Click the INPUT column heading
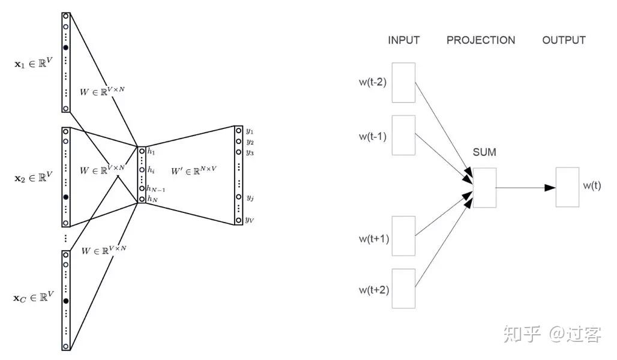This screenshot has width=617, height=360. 403,40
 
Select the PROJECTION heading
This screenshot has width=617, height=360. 481,40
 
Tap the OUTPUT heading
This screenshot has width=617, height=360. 564,40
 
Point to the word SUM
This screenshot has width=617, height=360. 484,152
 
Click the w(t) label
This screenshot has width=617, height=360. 592,185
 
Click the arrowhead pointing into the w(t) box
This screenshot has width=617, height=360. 550,188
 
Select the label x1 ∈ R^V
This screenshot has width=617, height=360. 34,63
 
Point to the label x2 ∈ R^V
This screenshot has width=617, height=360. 34,177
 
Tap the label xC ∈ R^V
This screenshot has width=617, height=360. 34,296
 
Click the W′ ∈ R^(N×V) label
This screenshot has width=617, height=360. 194,171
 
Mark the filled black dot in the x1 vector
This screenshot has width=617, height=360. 65,47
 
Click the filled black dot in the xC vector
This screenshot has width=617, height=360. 65,301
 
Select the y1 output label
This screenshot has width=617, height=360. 250,131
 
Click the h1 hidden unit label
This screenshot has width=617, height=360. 151,151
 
